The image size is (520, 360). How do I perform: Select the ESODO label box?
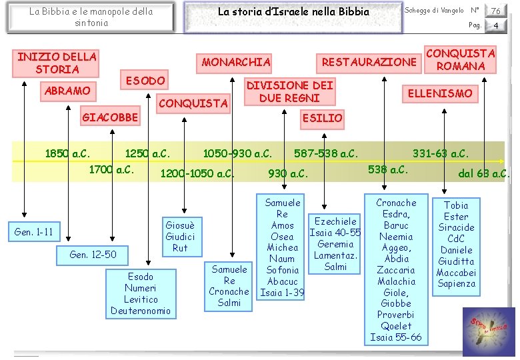point(145,81)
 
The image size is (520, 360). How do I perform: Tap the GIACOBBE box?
point(109,117)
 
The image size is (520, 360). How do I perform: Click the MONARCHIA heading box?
point(236,62)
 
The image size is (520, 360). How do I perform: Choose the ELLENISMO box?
point(440,93)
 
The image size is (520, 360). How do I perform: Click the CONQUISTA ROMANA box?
point(460,59)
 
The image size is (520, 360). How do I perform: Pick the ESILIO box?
point(322,118)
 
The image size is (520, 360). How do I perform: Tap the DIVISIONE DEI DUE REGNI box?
point(289,91)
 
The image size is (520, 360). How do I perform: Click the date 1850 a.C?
point(67,153)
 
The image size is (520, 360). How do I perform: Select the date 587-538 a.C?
point(326,153)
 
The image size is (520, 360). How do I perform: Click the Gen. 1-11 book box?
point(33,232)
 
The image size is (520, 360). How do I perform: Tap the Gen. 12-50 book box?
point(93,254)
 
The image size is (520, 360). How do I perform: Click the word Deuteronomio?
point(141,311)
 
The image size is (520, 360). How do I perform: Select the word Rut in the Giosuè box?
point(180,248)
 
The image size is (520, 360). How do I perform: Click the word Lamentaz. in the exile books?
point(335,255)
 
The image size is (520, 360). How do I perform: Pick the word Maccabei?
point(457,273)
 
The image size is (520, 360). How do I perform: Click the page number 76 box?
point(495,11)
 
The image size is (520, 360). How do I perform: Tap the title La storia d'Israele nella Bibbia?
point(293,11)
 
